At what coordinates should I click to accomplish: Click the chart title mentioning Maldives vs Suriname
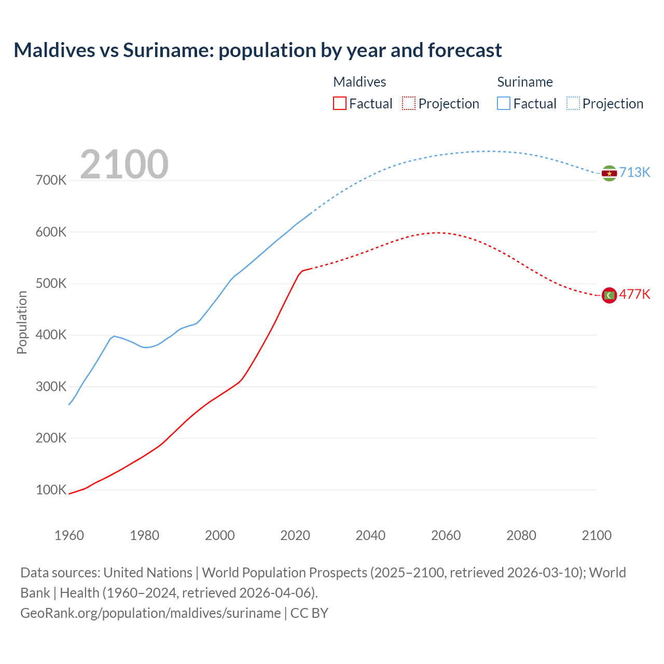point(257,50)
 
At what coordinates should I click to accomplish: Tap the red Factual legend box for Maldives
point(339,103)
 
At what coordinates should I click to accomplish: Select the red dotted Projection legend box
point(409,103)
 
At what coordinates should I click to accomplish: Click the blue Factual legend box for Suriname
point(503,103)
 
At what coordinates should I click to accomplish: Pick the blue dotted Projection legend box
point(573,103)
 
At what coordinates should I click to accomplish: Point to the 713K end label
point(634,173)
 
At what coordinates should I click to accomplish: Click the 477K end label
point(634,295)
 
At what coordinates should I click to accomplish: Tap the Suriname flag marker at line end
point(609,173)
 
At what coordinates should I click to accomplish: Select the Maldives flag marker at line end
point(609,295)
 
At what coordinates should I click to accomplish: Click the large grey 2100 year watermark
point(124,164)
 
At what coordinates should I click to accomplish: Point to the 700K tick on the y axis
point(51,181)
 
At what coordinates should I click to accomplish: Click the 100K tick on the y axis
point(51,490)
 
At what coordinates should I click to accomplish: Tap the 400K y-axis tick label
point(51,335)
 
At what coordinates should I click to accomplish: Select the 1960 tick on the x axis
point(69,535)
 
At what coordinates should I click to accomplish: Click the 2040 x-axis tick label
point(370,535)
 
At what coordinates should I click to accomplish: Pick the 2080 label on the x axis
point(521,535)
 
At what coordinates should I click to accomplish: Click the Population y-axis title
point(22,322)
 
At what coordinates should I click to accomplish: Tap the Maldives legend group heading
point(359,82)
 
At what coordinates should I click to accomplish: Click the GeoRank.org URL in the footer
point(150,613)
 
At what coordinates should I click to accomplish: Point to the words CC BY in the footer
point(309,613)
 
